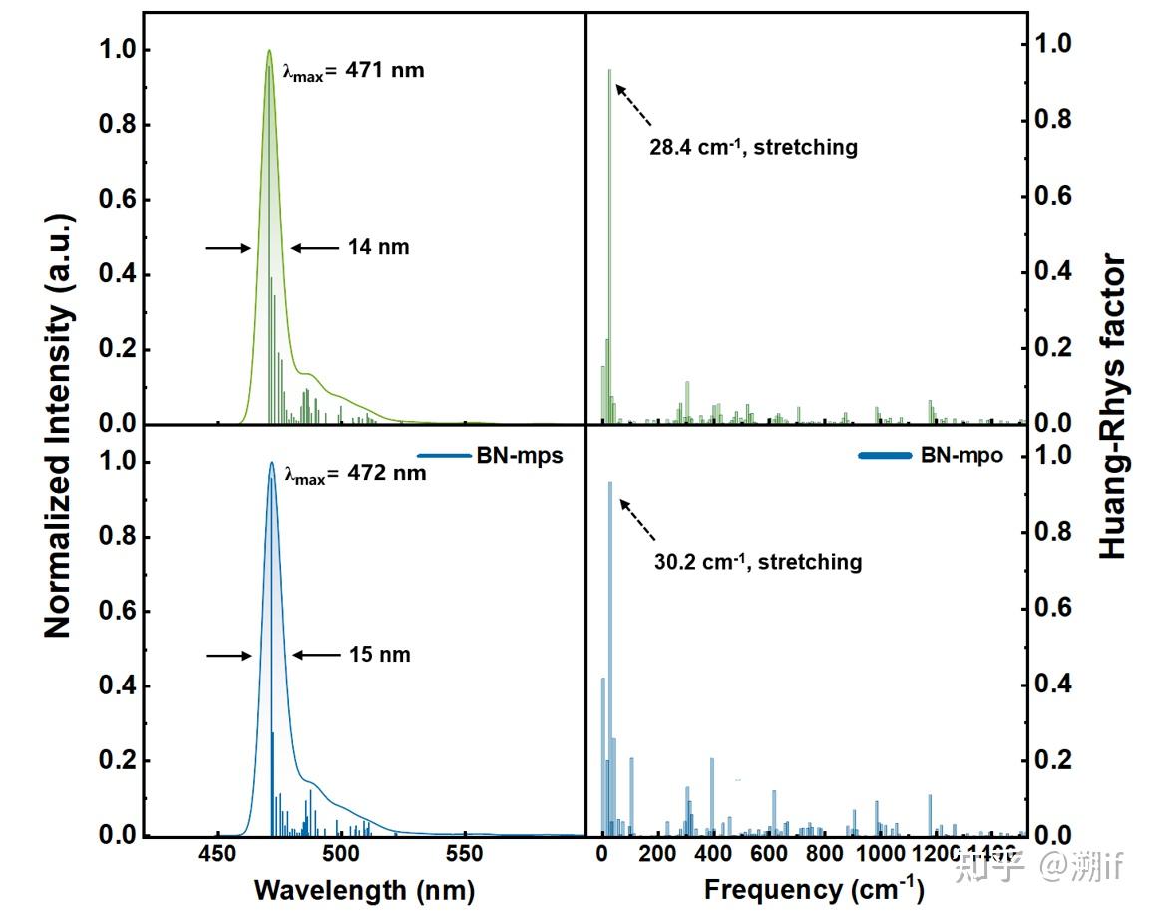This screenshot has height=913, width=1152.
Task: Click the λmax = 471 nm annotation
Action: [x=354, y=72]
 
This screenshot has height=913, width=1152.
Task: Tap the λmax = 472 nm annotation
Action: [x=355, y=473]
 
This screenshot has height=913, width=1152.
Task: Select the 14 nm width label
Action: [x=379, y=248]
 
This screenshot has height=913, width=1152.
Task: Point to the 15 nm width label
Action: [x=380, y=656]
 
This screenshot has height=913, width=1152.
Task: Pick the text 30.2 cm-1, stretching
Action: [x=758, y=562]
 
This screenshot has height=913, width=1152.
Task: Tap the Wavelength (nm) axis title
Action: [x=364, y=890]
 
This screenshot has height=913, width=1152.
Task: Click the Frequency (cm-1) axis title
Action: [x=814, y=889]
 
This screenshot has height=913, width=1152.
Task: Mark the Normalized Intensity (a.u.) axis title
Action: [x=58, y=424]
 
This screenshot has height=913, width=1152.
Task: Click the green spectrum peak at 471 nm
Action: [x=269, y=52]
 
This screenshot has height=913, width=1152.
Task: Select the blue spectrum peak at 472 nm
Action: [x=271, y=463]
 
